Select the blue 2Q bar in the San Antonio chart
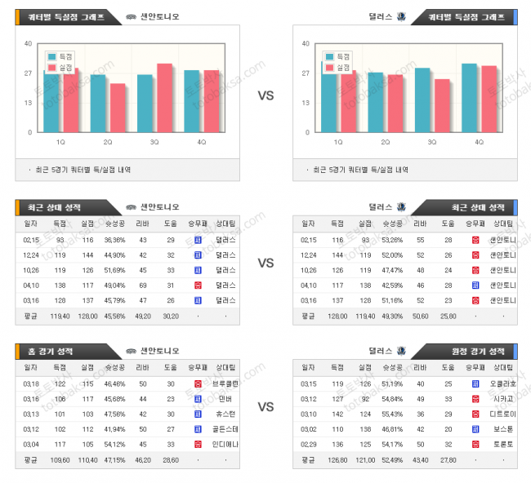98,104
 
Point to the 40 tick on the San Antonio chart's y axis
29,43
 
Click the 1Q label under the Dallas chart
338,142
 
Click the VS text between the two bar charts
265,95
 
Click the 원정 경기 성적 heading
479,351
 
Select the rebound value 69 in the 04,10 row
143,285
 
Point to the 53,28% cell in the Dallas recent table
392,240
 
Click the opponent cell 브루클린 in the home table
226,383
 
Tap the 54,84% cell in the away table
392,399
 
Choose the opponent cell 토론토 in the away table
499,444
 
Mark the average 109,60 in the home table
60,460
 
